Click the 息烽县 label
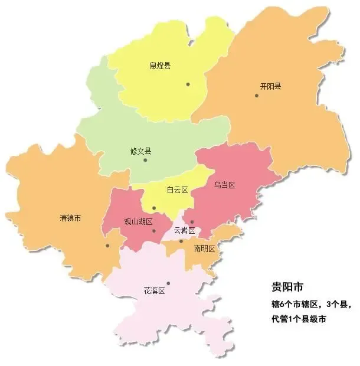160,66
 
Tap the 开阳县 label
270,86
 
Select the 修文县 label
140,150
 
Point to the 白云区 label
177,189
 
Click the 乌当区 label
225,185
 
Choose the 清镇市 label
71,218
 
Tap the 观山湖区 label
138,222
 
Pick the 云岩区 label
185,230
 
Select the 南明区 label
204,249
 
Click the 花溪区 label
154,291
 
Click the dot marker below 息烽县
188,84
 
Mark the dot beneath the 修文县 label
145,160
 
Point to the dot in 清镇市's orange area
107,246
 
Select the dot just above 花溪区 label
168,283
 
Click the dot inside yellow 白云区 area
153,208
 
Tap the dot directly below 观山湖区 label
154,231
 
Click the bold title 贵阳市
287,288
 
